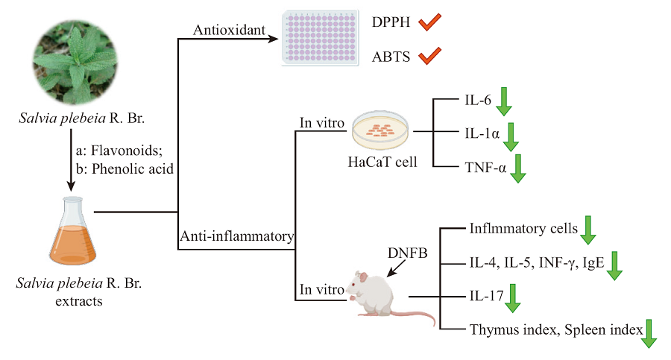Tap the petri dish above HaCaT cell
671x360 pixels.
[382, 130]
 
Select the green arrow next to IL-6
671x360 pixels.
[504, 101]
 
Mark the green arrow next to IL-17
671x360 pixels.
[514, 297]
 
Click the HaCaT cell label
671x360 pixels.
[382, 162]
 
